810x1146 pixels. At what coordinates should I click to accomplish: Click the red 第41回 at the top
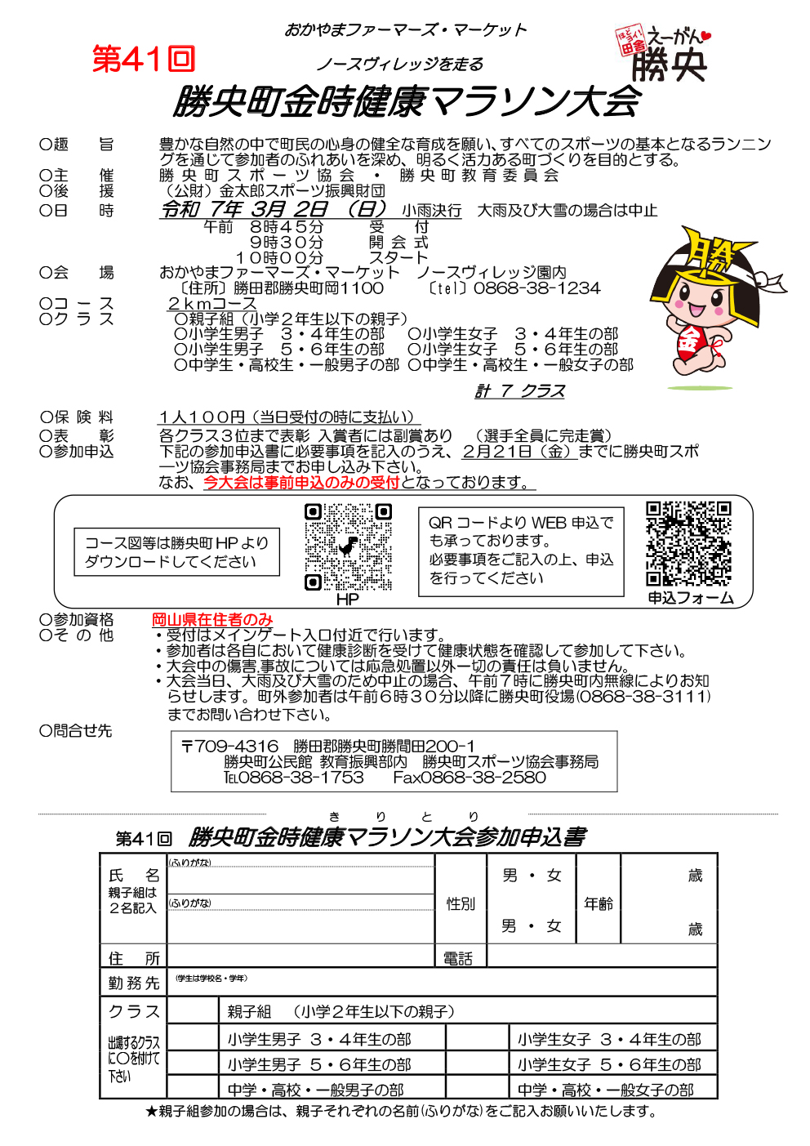[144, 60]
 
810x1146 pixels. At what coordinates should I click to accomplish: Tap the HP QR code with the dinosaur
[348, 546]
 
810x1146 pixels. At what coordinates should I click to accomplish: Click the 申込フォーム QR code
[688, 544]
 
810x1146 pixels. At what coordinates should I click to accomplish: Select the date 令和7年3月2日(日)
[274, 209]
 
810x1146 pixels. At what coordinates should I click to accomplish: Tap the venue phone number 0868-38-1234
[536, 288]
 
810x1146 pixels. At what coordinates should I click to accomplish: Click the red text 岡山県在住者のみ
[212, 620]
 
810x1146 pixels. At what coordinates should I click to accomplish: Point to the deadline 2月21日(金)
[518, 452]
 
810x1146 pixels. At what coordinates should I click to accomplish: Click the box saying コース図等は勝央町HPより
[176, 552]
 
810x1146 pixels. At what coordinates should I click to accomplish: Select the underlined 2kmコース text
[211, 304]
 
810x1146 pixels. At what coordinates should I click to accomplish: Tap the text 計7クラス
[520, 391]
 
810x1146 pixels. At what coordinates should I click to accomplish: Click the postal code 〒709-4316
[229, 747]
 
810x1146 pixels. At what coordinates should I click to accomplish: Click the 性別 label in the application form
[461, 903]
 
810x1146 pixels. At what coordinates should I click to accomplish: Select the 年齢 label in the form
[599, 903]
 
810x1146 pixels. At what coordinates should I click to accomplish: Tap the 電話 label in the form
[458, 958]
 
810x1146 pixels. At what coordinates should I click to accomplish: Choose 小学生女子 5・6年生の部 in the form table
[609, 1065]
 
